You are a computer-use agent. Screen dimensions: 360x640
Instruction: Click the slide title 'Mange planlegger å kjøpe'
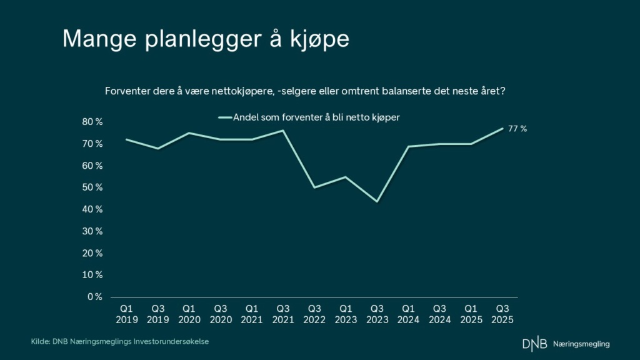[206, 39]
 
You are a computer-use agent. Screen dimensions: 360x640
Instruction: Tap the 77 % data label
[517, 129]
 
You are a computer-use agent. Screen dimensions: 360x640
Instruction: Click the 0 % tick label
[95, 297]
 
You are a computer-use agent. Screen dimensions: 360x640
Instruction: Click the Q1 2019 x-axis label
[126, 314]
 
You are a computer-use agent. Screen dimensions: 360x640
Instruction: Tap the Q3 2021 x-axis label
[282, 314]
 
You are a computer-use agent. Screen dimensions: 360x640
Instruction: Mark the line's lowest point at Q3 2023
[377, 201]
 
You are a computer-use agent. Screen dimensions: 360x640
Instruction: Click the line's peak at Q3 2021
[283, 131]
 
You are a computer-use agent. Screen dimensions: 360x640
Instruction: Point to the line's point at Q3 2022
[314, 187]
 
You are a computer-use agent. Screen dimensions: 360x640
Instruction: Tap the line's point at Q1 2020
[189, 133]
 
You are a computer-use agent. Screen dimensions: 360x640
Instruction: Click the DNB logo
[534, 344]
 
